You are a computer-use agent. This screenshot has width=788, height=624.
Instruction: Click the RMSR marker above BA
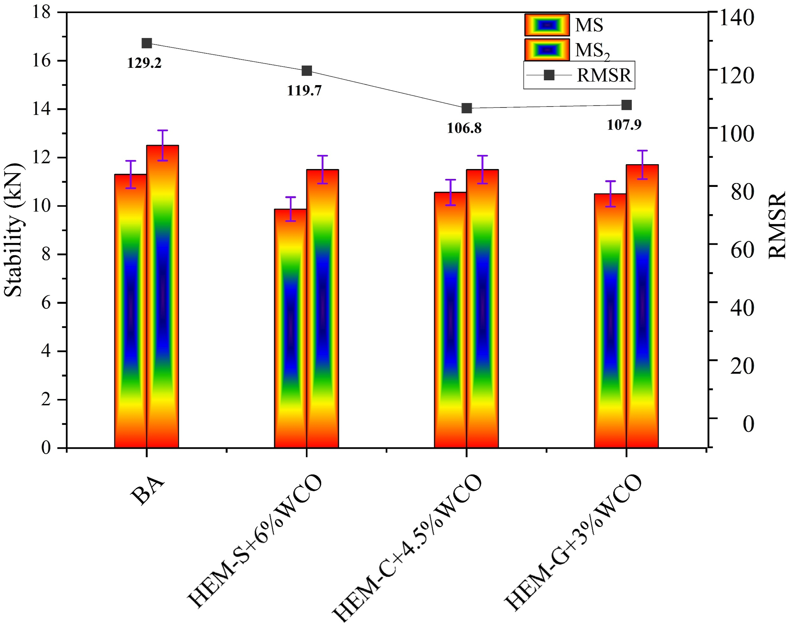(x=147, y=43)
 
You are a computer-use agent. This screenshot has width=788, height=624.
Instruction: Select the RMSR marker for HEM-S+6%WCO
(x=307, y=71)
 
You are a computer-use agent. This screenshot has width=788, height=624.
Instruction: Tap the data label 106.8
(x=464, y=128)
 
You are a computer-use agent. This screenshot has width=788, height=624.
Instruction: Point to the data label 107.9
(x=624, y=125)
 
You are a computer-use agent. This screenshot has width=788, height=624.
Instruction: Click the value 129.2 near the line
(x=144, y=63)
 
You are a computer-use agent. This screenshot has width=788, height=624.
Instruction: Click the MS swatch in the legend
(x=547, y=25)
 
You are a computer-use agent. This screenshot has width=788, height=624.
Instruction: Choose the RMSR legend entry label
(x=604, y=75)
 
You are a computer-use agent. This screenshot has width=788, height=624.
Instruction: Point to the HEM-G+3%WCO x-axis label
(x=573, y=543)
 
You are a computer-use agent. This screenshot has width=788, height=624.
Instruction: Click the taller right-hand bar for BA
(x=163, y=296)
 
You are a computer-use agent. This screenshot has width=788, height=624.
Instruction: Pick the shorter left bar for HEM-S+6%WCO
(x=291, y=328)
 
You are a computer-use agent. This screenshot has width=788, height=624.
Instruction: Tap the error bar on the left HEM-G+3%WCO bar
(x=610, y=194)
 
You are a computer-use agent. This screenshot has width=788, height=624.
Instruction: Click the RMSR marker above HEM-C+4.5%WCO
(x=467, y=108)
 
